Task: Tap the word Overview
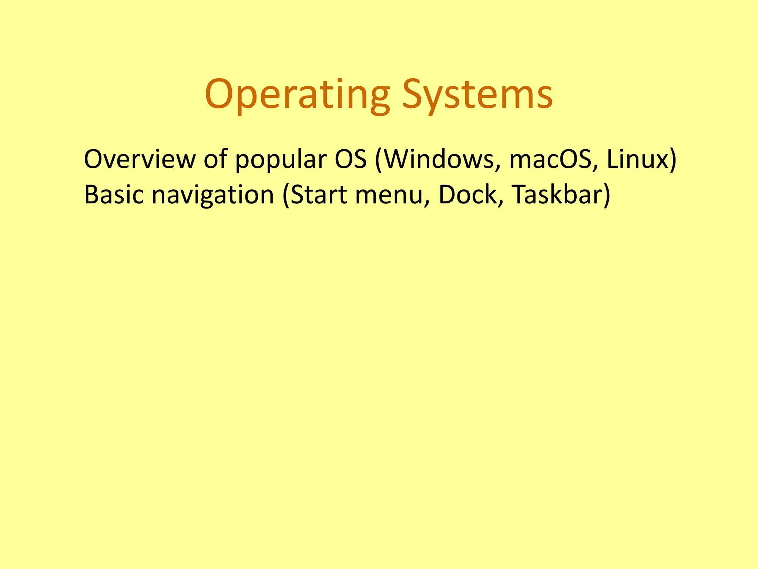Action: click(x=139, y=160)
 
